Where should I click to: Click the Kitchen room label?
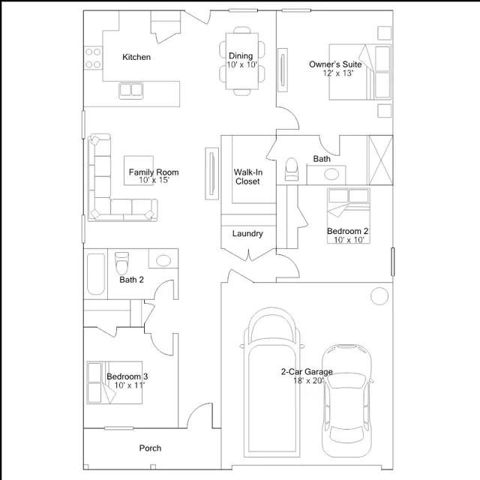(136, 57)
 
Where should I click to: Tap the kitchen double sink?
(131, 91)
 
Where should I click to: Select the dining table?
(241, 61)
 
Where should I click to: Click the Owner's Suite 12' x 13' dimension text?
(338, 73)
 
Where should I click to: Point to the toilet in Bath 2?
(121, 263)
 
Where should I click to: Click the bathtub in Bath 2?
(96, 274)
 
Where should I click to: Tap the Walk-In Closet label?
(248, 177)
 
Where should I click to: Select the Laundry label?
(247, 233)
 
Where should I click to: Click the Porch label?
(150, 448)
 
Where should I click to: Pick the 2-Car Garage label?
(307, 372)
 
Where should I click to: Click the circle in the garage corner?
(379, 296)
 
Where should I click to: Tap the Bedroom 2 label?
(348, 231)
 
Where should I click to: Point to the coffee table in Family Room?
(139, 170)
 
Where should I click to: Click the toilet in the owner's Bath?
(292, 169)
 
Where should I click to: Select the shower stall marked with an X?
(380, 160)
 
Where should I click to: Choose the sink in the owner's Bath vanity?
(331, 174)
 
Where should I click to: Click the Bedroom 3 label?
(127, 376)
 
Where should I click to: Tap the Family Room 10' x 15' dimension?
(154, 180)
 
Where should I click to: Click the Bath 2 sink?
(163, 260)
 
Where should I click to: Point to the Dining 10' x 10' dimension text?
(241, 64)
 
